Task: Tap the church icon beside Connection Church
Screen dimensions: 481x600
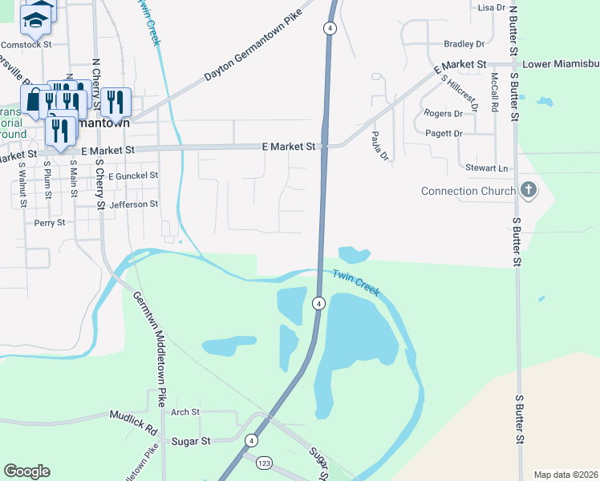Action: coord(528,190)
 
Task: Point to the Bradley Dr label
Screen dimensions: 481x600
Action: coord(464,44)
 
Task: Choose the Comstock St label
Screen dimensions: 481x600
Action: coord(26,45)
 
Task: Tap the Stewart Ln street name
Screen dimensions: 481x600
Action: coord(487,168)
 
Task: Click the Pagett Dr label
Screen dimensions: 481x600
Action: coord(444,133)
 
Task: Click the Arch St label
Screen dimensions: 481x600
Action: coord(184,412)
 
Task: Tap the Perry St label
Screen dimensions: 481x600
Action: coord(49,223)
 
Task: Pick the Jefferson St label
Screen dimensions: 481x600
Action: coord(135,204)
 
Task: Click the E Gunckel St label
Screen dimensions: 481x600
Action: coord(133,175)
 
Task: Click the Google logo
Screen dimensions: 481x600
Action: coord(26,471)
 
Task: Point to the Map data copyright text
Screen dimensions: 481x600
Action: coord(565,475)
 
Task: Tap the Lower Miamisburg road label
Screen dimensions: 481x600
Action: coord(560,63)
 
